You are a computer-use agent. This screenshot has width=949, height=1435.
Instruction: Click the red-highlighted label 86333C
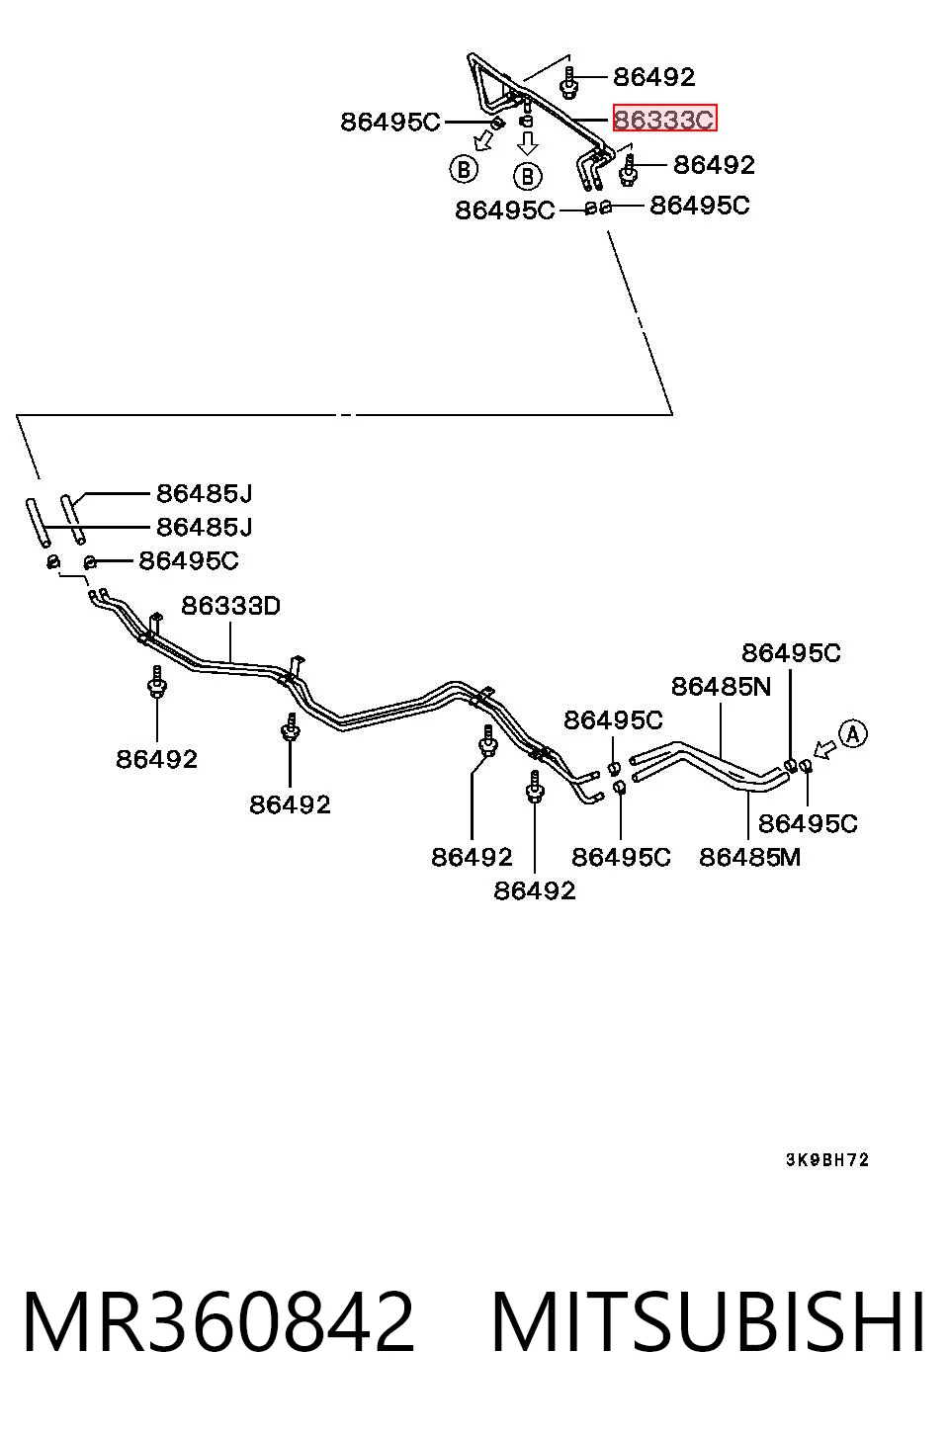coord(664,118)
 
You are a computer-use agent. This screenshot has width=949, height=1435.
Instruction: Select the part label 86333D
coord(230,606)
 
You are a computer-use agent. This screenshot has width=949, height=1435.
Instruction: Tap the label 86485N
coord(721,687)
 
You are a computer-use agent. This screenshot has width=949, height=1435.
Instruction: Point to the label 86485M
coord(749,857)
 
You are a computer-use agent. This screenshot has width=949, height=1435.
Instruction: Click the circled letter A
coord(853,734)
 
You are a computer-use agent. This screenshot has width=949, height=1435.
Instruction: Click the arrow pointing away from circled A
coord(825,749)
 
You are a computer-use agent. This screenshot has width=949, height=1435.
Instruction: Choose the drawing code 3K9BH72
coord(827,1160)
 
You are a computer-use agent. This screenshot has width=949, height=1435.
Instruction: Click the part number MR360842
coord(218,1321)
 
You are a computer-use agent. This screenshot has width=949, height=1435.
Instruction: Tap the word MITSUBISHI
coord(708,1321)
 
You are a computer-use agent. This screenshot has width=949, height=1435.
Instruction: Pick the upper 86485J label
coord(205,493)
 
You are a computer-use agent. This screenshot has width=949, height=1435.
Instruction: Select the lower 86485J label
coord(205,527)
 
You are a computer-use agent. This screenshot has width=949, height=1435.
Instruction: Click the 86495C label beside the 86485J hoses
coord(189,561)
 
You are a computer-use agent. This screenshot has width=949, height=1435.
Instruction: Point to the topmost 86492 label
coord(654,77)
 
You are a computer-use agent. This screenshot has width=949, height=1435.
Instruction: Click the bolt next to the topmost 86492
coord(568,84)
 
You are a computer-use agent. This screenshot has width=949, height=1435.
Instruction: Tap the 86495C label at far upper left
coord(390,122)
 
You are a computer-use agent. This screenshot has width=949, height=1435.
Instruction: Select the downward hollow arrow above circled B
coord(527,143)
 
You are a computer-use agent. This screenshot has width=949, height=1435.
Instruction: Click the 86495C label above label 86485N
coord(792,653)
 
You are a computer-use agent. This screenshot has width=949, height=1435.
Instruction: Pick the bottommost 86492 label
coord(535,891)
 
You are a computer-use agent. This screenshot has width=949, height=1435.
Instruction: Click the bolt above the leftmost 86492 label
coord(157,682)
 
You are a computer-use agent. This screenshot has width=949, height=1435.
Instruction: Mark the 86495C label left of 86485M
coord(621,857)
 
